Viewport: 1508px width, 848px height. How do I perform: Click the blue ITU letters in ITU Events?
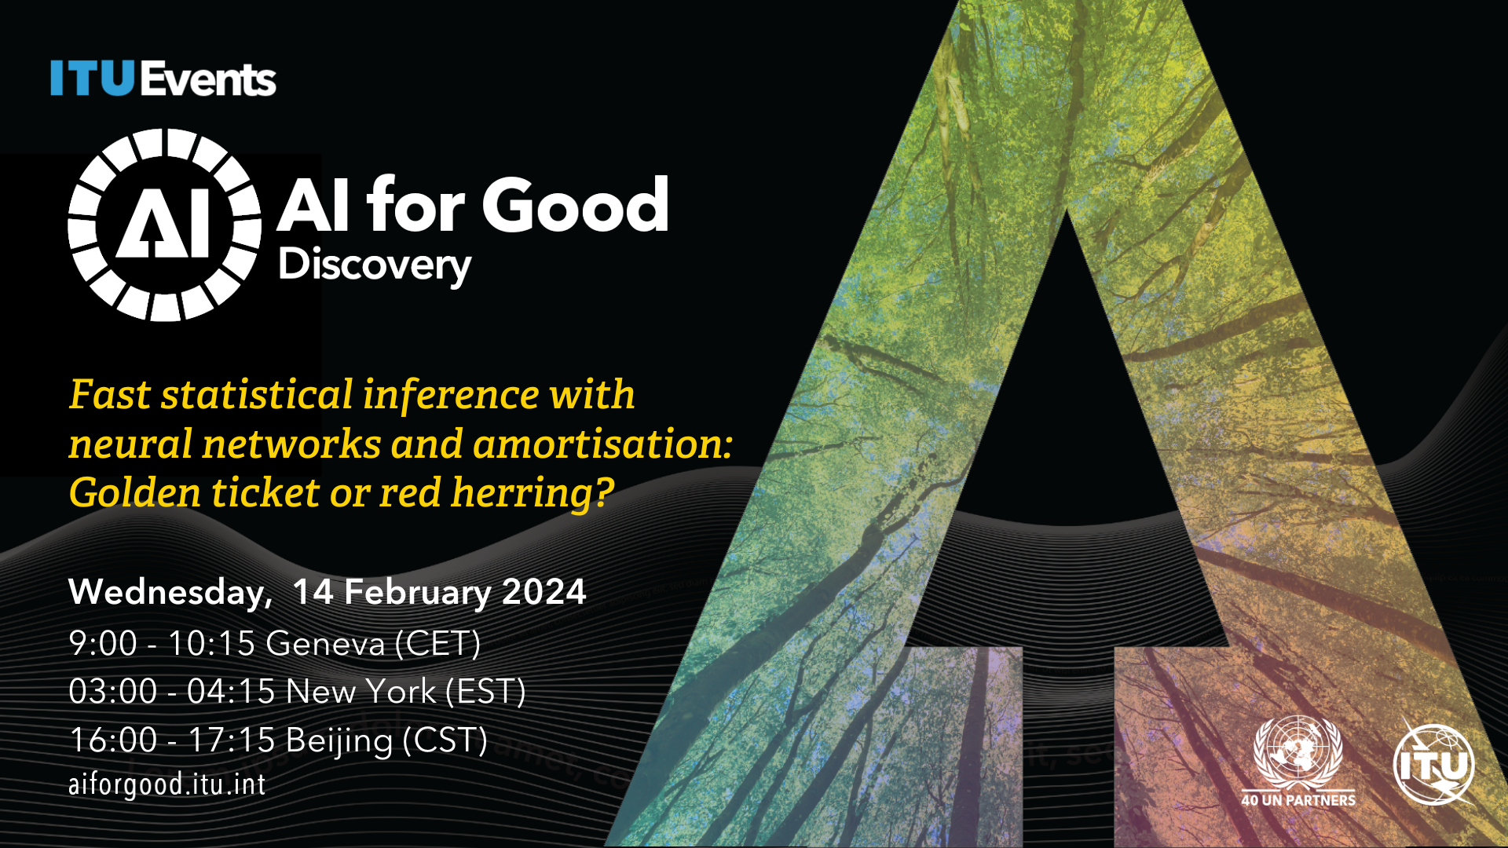coord(93,79)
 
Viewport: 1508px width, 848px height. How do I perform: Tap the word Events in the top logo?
coord(209,79)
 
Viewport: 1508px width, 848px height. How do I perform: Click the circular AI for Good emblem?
coord(165,225)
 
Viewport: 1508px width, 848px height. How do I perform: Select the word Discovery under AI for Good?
coord(375,266)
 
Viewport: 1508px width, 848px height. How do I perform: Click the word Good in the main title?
coord(575,205)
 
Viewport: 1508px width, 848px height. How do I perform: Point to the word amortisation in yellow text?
coord(602,444)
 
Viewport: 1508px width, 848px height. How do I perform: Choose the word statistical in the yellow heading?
coord(258,394)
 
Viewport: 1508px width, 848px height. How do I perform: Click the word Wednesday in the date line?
coord(170,593)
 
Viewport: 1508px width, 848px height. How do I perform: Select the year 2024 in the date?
coord(544,592)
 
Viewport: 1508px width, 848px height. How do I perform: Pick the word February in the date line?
coord(417,593)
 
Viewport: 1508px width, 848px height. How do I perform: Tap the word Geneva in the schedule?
coord(326,644)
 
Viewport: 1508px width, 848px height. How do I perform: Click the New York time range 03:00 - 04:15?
coord(172,692)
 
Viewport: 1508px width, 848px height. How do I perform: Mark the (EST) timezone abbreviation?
coord(485,692)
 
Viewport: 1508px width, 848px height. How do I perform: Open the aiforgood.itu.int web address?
coord(167,784)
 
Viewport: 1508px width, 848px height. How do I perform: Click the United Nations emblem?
coord(1298,753)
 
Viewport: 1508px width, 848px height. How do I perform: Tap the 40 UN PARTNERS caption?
coord(1298,800)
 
